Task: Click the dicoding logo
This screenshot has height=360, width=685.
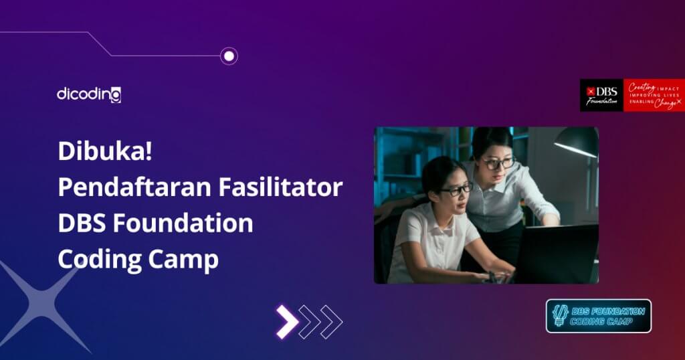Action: [89, 94]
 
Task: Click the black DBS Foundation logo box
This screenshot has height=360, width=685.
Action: [601, 95]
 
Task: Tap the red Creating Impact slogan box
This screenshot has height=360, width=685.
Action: [654, 95]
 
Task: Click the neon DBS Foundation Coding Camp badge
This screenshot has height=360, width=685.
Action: [599, 316]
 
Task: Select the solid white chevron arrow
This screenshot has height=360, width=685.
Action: [286, 321]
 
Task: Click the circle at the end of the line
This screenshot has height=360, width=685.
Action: [229, 56]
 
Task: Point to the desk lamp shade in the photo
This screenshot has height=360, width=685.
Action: [576, 142]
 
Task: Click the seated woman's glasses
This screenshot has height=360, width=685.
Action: [457, 189]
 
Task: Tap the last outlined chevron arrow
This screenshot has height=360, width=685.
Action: [332, 321]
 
